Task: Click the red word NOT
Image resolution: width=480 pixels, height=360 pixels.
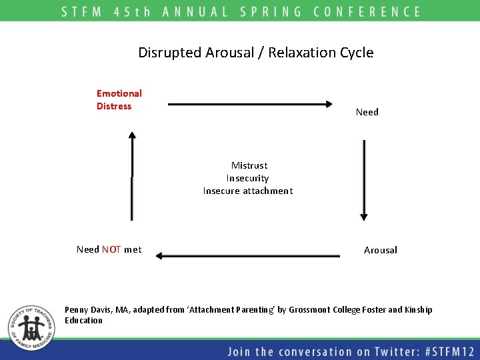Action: tap(111, 249)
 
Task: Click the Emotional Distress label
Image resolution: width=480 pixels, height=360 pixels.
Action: tap(119, 100)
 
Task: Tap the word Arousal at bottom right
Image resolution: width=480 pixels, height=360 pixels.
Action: tap(380, 250)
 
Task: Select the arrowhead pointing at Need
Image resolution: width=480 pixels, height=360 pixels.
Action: tap(328, 104)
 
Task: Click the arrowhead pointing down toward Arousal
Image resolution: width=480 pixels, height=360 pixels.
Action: tap(363, 215)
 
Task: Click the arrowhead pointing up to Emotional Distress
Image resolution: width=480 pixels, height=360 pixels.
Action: tap(132, 137)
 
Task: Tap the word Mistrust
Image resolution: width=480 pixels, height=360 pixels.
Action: tap(249, 165)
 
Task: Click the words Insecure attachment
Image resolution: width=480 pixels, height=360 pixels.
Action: tap(247, 191)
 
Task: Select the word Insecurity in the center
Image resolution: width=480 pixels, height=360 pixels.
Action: tap(247, 178)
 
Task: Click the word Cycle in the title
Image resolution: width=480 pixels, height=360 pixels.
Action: tap(357, 53)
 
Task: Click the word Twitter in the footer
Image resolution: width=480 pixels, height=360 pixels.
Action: tap(374, 351)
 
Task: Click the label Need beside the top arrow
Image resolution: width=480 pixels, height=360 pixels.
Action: tap(367, 112)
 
